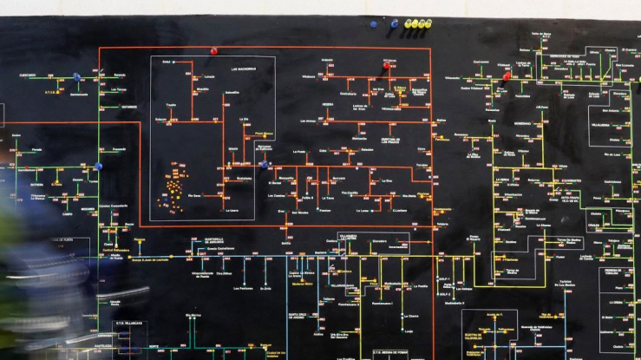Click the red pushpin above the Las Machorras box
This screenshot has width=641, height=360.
pyautogui.click(x=214, y=51)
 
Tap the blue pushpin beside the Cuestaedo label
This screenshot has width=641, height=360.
pyautogui.click(x=77, y=76)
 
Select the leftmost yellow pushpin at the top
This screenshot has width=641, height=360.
pyautogui.click(x=408, y=23)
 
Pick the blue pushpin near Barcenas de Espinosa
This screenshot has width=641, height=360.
pyautogui.click(x=264, y=164)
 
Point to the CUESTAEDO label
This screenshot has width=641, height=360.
pyautogui.click(x=28, y=75)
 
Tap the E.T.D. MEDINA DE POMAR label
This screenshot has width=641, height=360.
pyautogui.click(x=389, y=352)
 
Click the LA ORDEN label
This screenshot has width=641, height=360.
pyautogui.click(x=617, y=304)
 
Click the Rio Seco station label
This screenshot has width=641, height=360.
pyautogui.click(x=194, y=196)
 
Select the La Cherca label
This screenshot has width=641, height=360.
pyautogui.click(x=413, y=316)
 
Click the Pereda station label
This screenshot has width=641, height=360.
pyautogui.click(x=36, y=149)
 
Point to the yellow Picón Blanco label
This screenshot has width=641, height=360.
pyautogui.click(x=264, y=134)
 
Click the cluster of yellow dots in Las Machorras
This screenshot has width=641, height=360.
pyautogui.click(x=173, y=185)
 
